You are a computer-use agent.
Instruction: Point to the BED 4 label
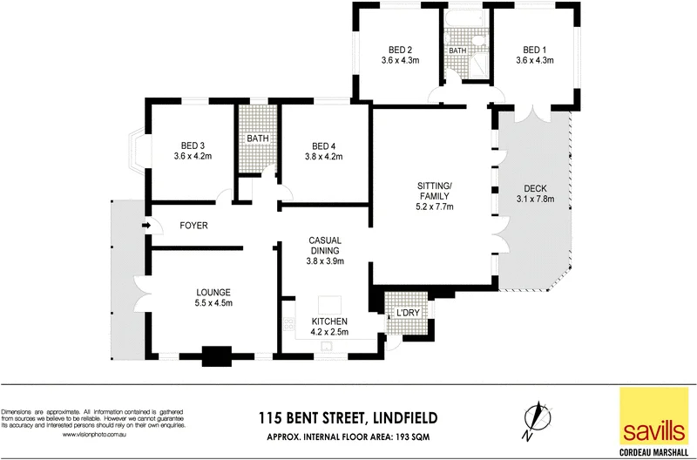tap(325, 145)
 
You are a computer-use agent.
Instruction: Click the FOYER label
tap(193, 226)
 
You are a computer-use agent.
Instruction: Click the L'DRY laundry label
tap(408, 313)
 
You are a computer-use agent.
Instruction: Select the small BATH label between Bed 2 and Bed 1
tap(457, 51)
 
